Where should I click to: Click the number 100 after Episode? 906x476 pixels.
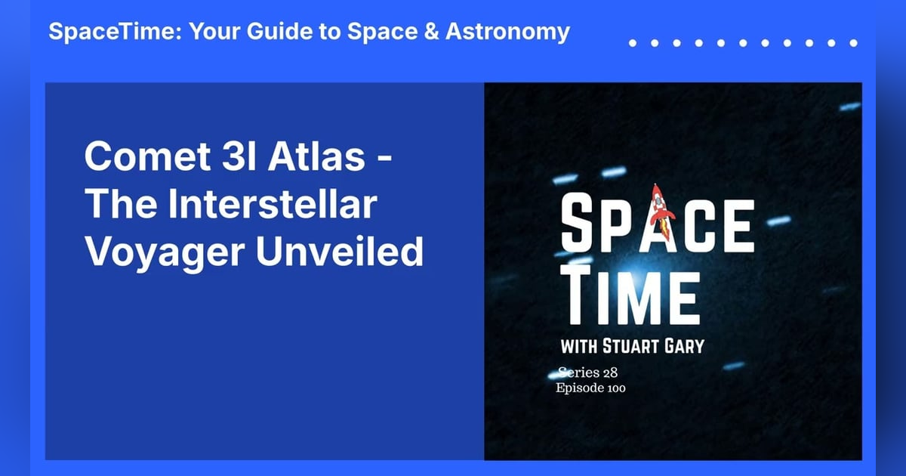(x=614, y=388)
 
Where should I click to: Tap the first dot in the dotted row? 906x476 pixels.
(x=633, y=43)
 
